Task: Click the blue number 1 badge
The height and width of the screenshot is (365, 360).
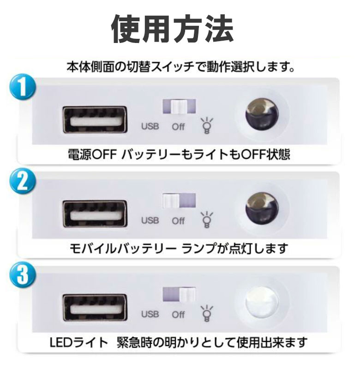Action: [x=23, y=88]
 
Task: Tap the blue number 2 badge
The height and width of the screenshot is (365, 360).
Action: [x=23, y=182]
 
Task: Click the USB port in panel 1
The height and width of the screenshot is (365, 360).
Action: [x=95, y=120]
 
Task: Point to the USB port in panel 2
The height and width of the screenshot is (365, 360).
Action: [x=95, y=214]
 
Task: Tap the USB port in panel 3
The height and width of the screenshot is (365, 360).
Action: [x=95, y=308]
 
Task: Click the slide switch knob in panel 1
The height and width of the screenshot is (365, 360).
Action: [x=179, y=107]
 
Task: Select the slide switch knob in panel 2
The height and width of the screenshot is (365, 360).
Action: [x=171, y=201]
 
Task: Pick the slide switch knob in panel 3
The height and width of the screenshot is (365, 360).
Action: [x=187, y=295]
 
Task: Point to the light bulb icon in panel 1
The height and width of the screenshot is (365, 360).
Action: [x=206, y=126]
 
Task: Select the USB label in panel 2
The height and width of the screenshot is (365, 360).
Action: [x=150, y=220]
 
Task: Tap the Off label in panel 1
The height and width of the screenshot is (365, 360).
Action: [x=178, y=127]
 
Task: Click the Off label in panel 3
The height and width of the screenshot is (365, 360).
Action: [x=178, y=315]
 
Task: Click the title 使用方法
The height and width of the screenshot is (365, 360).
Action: [x=172, y=29]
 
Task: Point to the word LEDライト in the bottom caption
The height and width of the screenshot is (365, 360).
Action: [x=79, y=342]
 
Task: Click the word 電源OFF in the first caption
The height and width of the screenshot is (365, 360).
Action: [x=92, y=155]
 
